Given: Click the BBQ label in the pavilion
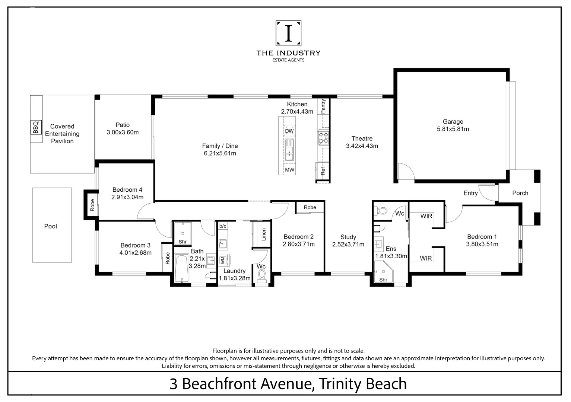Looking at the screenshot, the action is click(36, 127).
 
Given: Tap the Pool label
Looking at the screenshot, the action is click(51, 226).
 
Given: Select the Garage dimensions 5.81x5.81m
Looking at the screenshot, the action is click(453, 129).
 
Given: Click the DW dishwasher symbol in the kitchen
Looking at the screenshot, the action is click(289, 131).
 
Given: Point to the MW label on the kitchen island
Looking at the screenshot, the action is click(289, 170).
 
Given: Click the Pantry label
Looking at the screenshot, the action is click(323, 106).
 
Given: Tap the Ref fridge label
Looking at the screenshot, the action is click(323, 171).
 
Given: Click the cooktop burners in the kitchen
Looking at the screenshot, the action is click(323, 138).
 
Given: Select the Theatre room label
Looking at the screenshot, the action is click(362, 138).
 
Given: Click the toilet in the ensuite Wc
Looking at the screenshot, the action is click(380, 211).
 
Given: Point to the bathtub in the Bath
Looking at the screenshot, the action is click(182, 268).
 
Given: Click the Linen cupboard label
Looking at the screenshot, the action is click(264, 234).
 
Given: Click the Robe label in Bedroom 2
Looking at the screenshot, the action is click(310, 207).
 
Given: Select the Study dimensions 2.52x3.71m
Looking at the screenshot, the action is click(348, 244).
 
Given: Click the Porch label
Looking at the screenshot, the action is click(520, 193).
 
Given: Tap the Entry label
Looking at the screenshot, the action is click(470, 193).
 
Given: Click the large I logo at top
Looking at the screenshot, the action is click(289, 33).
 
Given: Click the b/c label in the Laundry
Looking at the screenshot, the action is click(223, 226).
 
